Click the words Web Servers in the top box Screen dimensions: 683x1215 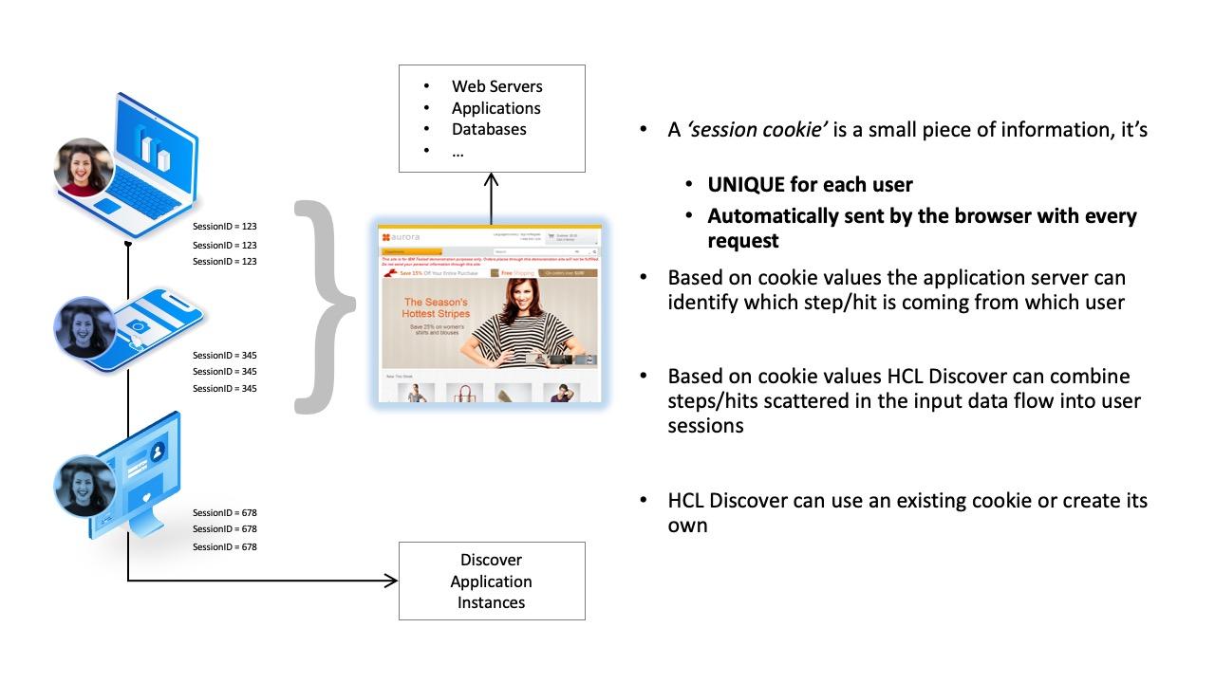click(496, 86)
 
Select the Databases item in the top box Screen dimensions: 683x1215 click(488, 129)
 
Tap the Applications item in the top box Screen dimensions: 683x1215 click(495, 108)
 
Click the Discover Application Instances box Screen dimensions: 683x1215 click(491, 581)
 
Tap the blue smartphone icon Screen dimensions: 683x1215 click(152, 323)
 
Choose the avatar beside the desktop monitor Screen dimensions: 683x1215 click(84, 486)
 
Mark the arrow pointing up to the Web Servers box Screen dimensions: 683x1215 click(491, 194)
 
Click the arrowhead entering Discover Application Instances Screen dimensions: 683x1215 click(390, 581)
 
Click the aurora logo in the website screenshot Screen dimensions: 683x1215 click(402, 236)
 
